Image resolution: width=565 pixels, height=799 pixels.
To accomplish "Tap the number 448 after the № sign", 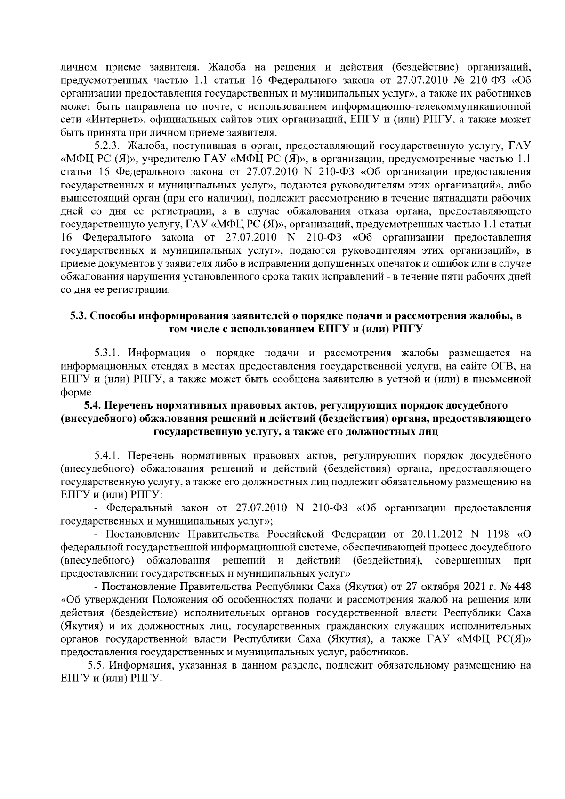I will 522,587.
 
